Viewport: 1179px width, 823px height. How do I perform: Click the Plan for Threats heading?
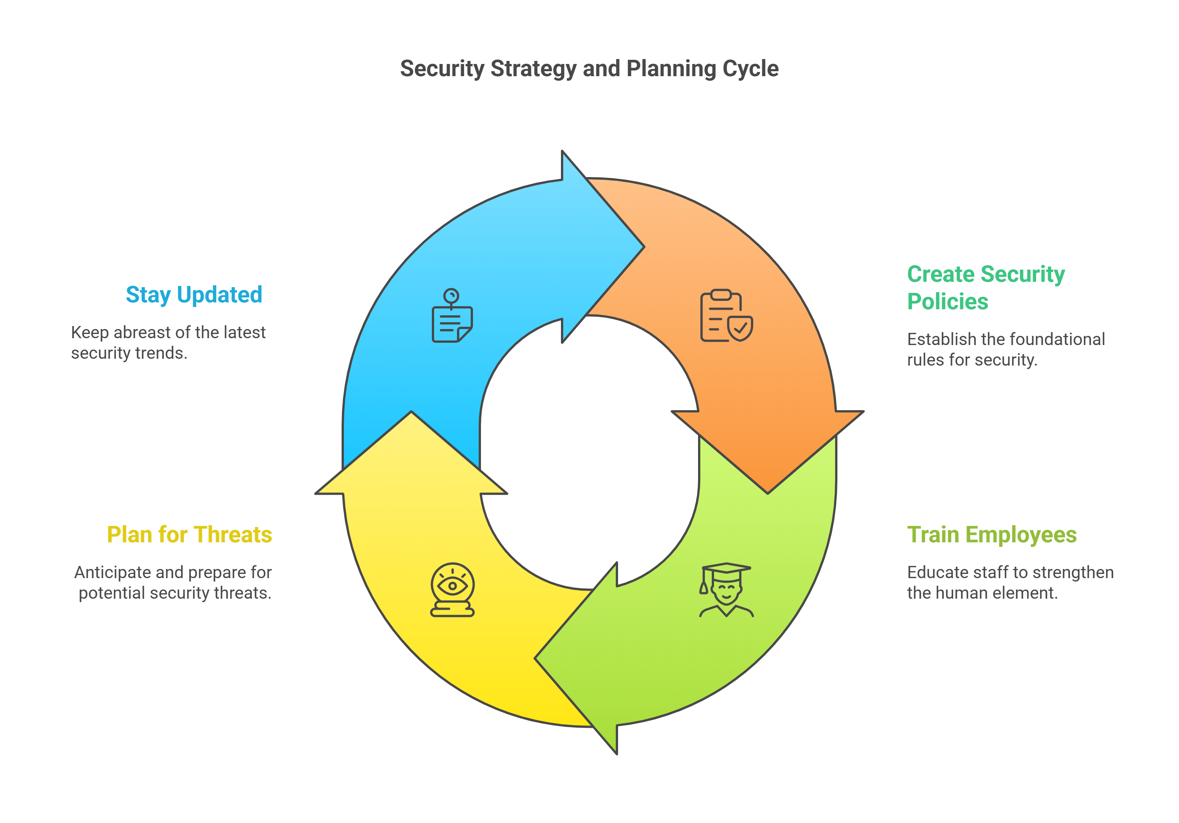[189, 534]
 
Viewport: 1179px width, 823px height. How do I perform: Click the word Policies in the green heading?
[947, 301]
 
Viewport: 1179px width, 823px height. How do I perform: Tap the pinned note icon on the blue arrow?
[452, 316]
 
